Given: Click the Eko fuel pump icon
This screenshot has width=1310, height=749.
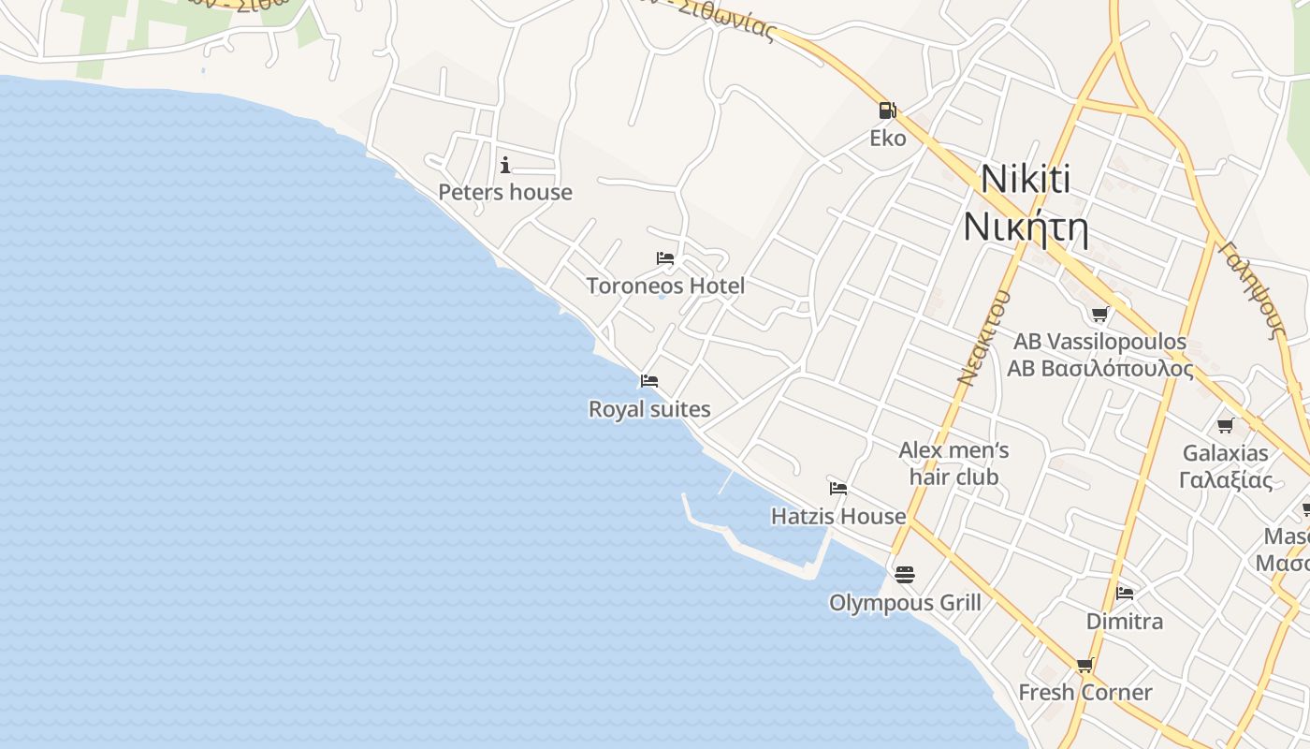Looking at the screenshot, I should tap(886, 110).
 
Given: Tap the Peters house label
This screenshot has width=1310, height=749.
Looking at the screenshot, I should tap(505, 192).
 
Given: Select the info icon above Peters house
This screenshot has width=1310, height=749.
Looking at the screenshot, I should tap(505, 166).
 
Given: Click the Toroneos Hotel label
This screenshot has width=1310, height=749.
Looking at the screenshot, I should tap(665, 286).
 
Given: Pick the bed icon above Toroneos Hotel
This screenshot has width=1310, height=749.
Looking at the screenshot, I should tap(665, 258).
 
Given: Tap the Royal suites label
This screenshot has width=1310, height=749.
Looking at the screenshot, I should tap(649, 409).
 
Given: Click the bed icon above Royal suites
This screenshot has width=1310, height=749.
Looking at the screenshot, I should tap(649, 381).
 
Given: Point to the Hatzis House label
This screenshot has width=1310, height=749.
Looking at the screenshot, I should tap(838, 516).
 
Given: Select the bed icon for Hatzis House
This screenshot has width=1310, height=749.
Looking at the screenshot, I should tap(838, 489).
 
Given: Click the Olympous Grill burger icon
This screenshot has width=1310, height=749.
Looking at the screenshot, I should tap(905, 574).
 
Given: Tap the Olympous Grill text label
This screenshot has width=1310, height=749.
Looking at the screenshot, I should tap(905, 602).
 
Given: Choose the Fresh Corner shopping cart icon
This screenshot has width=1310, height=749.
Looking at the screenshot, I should tap(1084, 666).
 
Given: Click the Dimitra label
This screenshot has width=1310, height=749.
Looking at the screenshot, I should tap(1125, 621).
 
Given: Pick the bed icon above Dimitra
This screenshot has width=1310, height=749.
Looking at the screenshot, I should tap(1125, 594).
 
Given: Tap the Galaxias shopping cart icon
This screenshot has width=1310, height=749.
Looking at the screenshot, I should tap(1225, 426).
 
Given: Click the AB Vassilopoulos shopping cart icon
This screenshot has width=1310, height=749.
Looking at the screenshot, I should tap(1099, 315).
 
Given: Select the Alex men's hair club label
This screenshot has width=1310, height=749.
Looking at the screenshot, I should tap(953, 463).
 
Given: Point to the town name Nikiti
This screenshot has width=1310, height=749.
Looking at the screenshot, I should tap(1026, 179).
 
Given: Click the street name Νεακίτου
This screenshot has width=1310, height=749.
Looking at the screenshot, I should tap(983, 338).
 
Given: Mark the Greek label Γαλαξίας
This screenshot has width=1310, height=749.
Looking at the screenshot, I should tap(1226, 480).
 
